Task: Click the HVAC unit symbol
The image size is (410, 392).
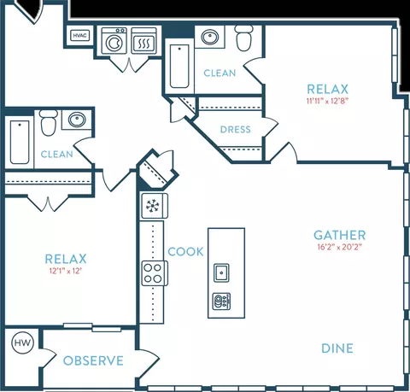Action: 80,36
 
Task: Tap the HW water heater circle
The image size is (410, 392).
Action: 22,342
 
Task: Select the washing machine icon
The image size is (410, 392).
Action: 114,41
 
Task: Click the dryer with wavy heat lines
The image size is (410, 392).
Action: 144,41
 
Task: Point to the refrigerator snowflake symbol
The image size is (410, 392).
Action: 154,206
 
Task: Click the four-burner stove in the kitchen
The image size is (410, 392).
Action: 154,273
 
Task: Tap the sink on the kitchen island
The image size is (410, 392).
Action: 221,272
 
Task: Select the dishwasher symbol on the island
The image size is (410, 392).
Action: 221,301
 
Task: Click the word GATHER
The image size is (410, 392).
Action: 340,235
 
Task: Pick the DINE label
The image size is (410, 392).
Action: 337,348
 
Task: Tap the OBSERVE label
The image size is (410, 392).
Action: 93,360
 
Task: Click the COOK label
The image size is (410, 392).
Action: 185,252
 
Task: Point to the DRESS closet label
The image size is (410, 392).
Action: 236,130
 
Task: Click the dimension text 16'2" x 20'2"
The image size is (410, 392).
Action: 339,247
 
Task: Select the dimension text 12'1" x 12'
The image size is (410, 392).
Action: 66,271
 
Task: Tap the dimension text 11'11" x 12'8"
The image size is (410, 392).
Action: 327,101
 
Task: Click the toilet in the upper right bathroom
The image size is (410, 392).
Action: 243,38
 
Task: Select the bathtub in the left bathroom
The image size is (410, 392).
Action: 20,142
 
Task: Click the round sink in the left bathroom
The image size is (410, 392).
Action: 77,120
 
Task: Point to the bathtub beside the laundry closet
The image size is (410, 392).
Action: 179,67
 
